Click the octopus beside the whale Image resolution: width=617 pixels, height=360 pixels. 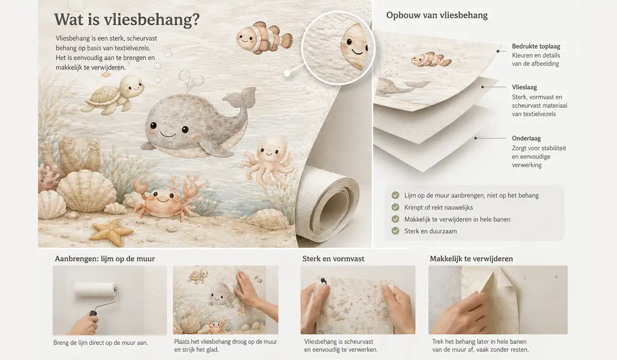tap(268, 160)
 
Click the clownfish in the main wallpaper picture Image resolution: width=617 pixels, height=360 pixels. tap(264, 38)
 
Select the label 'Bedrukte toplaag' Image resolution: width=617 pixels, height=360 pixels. tap(536, 46)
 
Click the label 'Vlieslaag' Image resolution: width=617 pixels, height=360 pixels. tap(524, 87)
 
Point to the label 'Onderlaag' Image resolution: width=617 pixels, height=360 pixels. tap(526, 138)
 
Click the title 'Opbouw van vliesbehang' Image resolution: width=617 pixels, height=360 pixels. tap(437, 15)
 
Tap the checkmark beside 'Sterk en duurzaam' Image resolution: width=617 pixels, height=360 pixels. tap(395, 231)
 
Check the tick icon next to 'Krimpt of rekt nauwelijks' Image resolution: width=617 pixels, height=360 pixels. tap(395, 207)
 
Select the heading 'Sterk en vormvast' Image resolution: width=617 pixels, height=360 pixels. tap(333, 259)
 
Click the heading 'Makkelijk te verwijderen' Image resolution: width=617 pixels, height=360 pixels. tap(471, 259)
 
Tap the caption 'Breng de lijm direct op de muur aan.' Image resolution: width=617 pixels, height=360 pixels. tap(101, 343)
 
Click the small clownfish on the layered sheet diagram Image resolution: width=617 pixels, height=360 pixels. tap(431, 60)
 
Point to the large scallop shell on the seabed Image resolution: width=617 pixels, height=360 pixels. tap(86, 191)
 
